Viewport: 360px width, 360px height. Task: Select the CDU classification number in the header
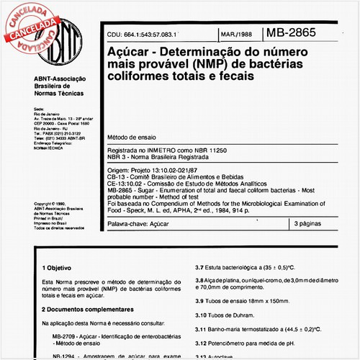[x=141, y=35]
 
